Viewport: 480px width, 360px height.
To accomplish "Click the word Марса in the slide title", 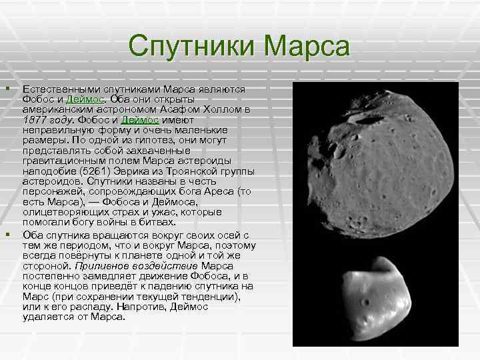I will pyautogui.click(x=306, y=48).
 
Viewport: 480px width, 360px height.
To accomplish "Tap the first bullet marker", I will pyautogui.click(x=7, y=89).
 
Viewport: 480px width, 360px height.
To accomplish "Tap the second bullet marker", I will pyautogui.click(x=7, y=234).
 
